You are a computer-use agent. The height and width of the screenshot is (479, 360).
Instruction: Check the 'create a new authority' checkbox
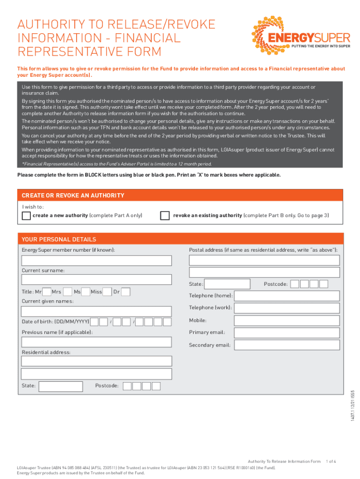[x=27, y=216]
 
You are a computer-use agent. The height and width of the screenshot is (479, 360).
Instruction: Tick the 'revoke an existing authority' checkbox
[x=165, y=216]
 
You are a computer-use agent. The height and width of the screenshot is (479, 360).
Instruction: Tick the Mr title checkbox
[x=47, y=292]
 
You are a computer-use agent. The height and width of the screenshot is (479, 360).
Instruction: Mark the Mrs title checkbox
[x=67, y=292]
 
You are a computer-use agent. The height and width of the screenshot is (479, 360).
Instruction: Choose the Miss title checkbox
[x=107, y=292]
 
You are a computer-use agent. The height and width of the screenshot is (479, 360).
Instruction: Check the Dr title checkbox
[x=125, y=292]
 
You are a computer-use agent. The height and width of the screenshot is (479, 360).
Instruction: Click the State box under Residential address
[x=60, y=386]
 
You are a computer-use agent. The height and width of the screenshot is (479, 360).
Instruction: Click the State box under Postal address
[x=228, y=284]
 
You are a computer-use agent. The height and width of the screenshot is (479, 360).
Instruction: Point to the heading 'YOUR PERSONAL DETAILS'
[x=59, y=239]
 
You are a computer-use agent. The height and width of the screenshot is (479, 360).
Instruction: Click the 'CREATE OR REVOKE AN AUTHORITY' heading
[x=73, y=196]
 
